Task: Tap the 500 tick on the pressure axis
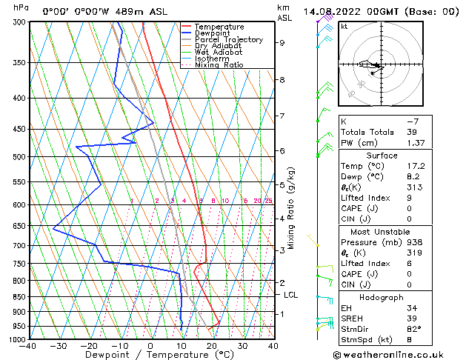click(17, 157)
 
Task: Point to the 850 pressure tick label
click(17, 296)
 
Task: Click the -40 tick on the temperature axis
click(28, 345)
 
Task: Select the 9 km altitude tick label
click(282, 43)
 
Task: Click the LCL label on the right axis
click(291, 295)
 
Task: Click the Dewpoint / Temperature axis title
click(150, 355)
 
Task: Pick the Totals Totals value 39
click(411, 131)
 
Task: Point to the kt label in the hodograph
click(344, 26)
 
